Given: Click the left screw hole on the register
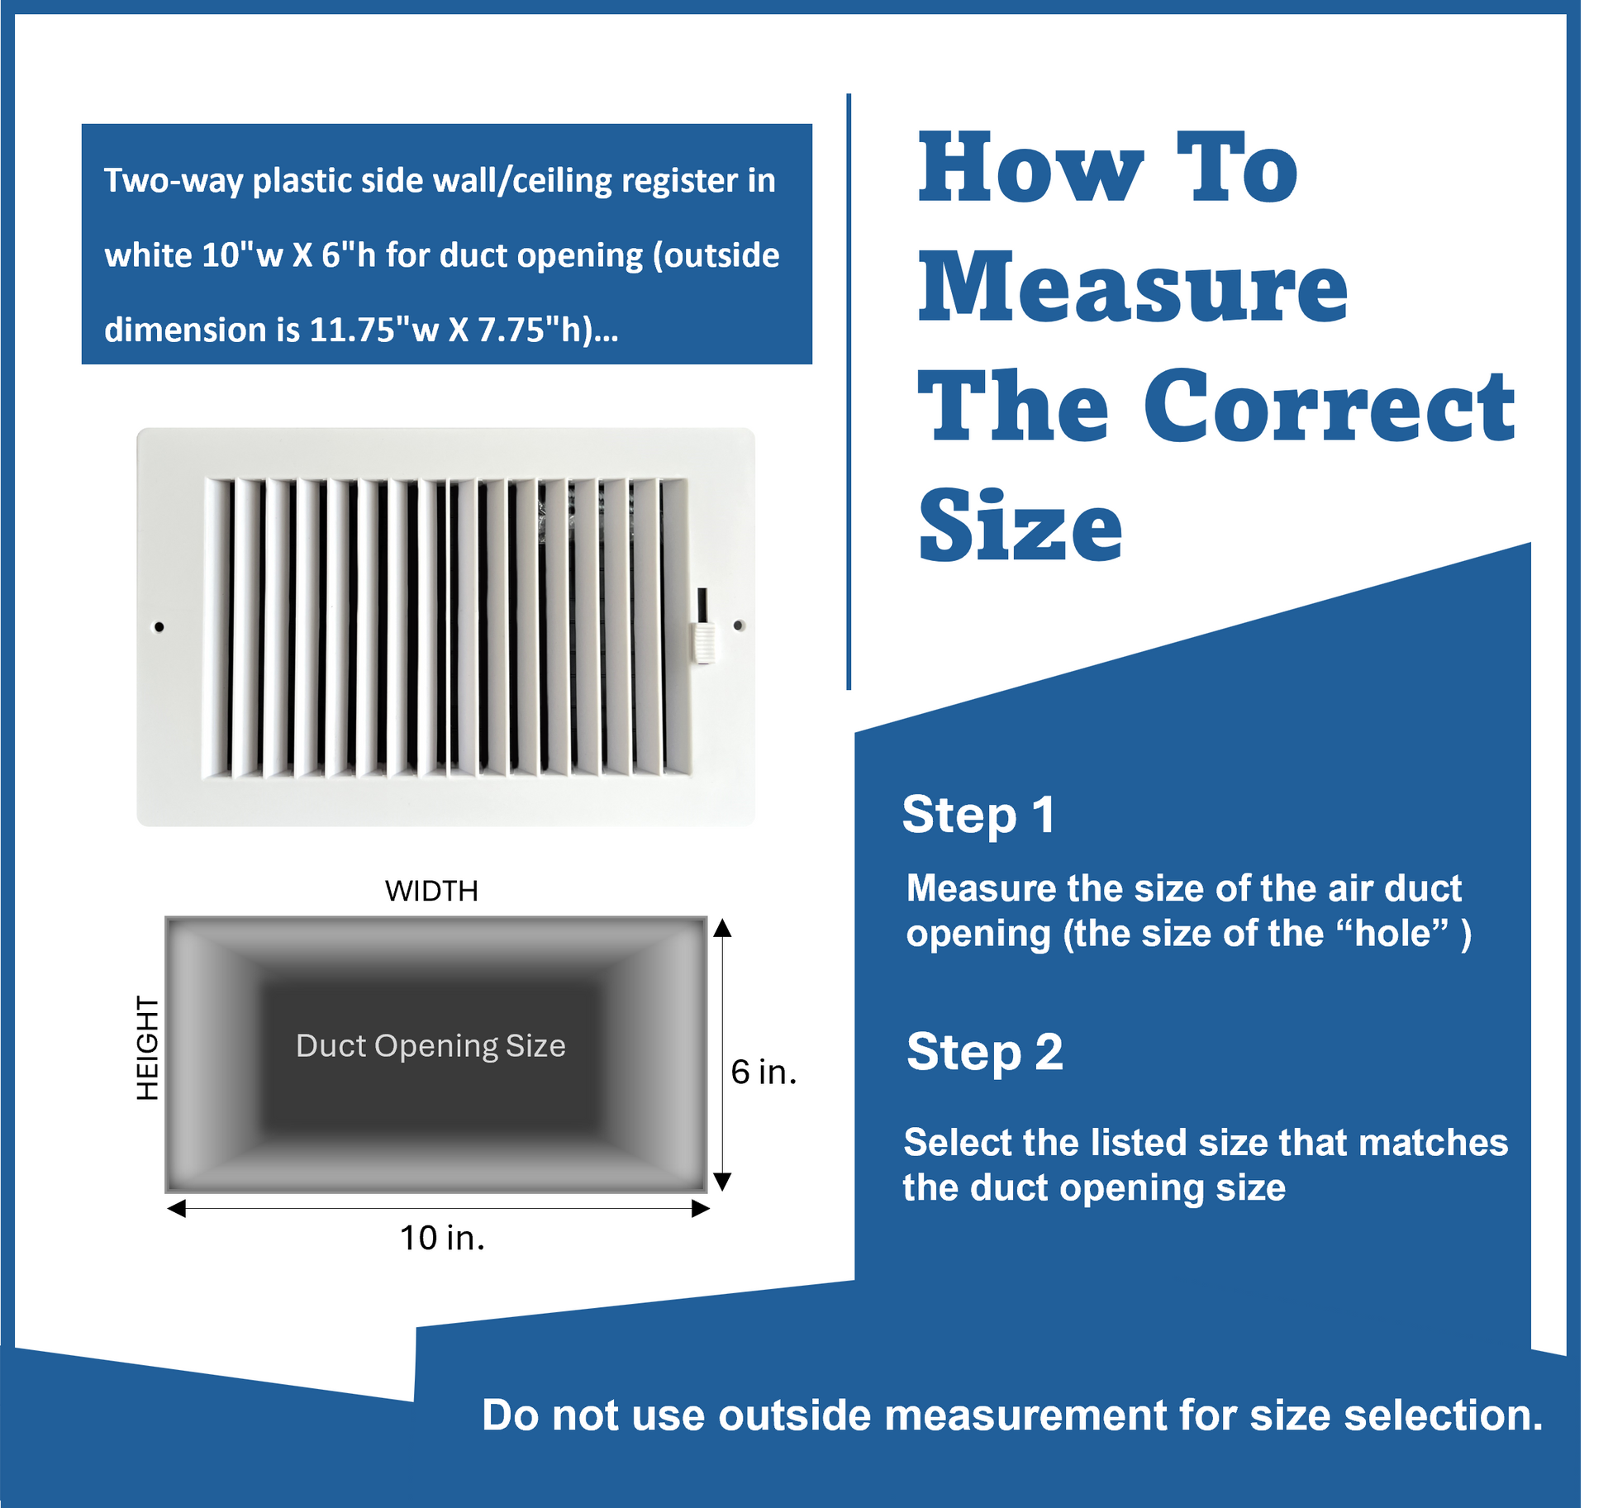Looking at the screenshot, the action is pyautogui.click(x=159, y=627).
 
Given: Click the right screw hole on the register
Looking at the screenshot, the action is pyautogui.click(x=739, y=626).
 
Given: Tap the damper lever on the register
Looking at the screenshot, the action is pyautogui.click(x=703, y=626).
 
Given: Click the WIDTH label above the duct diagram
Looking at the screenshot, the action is pyautogui.click(x=431, y=891).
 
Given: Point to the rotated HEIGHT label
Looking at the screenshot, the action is pyautogui.click(x=147, y=1048).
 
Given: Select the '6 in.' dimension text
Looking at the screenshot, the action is pyautogui.click(x=764, y=1072).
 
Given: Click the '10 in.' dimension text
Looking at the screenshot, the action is pyautogui.click(x=442, y=1238).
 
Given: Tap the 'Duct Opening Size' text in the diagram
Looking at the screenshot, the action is pyautogui.click(x=431, y=1046).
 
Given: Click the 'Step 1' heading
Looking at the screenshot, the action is pyautogui.click(x=979, y=815).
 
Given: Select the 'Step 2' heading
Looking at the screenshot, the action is pyautogui.click(x=985, y=1052).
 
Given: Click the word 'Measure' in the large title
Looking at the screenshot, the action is pyautogui.click(x=1133, y=287).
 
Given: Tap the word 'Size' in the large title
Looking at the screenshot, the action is pyautogui.click(x=1020, y=524).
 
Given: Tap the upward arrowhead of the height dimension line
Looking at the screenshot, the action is pyautogui.click(x=722, y=927).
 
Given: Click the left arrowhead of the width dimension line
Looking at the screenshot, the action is pyautogui.click(x=177, y=1209).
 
